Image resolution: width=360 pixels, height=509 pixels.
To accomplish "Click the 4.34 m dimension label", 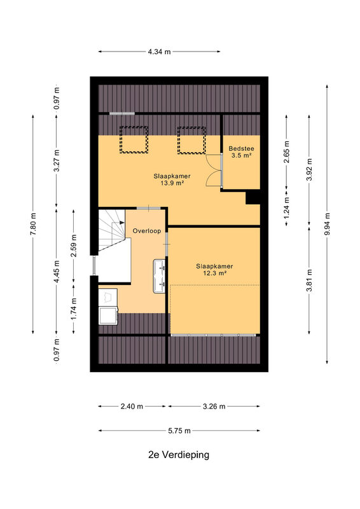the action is point(159,52).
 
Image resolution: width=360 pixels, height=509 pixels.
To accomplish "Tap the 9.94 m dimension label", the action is point(327,225).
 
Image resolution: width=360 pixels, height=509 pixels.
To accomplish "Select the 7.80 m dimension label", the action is point(33,225).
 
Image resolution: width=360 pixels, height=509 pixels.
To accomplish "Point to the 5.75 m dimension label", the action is point(179,431).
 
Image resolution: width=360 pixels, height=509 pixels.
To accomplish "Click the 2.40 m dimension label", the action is point(132,407).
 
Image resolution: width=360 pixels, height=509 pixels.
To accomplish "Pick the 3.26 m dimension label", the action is point(214,407).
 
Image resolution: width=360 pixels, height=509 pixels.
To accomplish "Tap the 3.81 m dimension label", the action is point(309,281).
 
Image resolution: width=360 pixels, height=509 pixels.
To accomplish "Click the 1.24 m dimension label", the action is point(286,208).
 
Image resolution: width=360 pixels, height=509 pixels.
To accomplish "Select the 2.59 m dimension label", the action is point(74,246).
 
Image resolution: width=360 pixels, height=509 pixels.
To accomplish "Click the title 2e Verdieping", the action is point(179,455).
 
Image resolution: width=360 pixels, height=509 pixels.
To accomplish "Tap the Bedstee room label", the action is point(241,149).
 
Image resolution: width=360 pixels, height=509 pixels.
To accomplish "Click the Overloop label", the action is point(147,231).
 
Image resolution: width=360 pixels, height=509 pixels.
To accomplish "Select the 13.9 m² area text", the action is point(172,183).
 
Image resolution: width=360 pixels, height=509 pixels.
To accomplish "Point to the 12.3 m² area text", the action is point(214,274).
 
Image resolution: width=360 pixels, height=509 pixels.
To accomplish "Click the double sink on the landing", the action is point(159,276).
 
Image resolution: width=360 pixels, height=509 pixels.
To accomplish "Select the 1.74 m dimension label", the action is point(74,309).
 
